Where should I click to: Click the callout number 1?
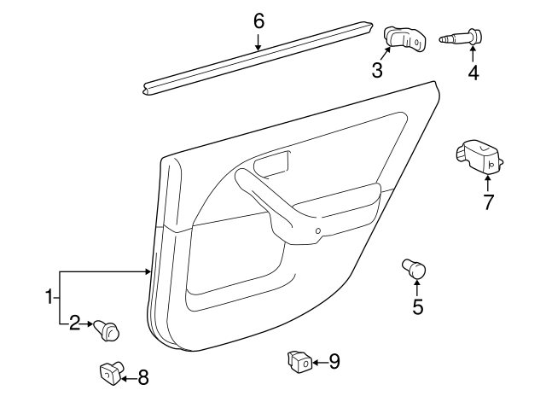pyautogui.click(x=49, y=297)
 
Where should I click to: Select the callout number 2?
pyautogui.click(x=75, y=323)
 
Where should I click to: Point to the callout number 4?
pyautogui.click(x=473, y=73)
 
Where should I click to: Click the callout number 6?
pyautogui.click(x=258, y=20)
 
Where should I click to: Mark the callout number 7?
pyautogui.click(x=488, y=202)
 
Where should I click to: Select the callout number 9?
pyautogui.click(x=334, y=362)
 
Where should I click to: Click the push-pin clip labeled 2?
pyautogui.click(x=108, y=328)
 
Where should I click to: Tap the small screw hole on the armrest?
pyautogui.click(x=317, y=230)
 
